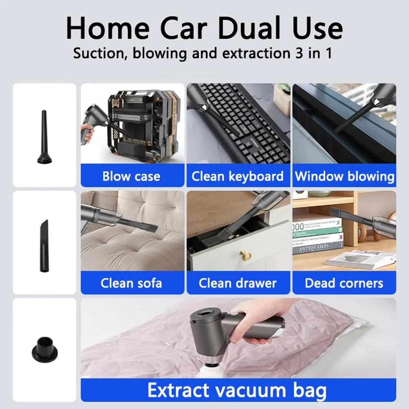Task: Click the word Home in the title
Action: point(108,28)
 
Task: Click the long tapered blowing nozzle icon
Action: point(44,137)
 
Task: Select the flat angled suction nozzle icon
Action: point(44,246)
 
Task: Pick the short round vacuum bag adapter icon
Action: point(45,350)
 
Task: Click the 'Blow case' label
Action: point(131,177)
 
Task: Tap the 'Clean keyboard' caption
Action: point(237,177)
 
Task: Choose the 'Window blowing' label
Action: point(344,177)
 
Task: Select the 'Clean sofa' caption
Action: point(131,283)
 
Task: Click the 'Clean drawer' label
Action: point(237,283)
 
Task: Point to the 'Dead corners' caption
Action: point(344,283)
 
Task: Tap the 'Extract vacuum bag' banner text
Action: point(237,390)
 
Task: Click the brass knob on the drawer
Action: point(245,255)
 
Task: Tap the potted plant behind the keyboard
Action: point(282,99)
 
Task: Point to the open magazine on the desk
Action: point(361,259)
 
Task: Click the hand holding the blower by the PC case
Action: point(87,133)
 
